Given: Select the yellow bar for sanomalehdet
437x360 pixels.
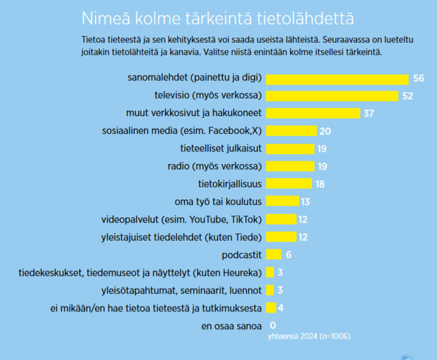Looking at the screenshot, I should [x=337, y=79].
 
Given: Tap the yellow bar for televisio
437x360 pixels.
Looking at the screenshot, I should [x=331, y=96].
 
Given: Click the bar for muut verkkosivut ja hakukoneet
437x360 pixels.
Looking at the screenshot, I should [x=312, y=113].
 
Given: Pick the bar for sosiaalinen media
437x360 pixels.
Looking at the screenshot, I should [x=291, y=130].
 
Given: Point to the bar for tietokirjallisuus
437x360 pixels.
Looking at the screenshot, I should [x=288, y=183].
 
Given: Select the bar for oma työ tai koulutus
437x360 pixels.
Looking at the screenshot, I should [x=282, y=201].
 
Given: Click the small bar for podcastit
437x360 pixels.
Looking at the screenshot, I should [x=273, y=254].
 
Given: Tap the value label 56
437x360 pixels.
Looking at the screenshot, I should [x=419, y=79].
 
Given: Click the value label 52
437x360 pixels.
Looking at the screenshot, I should [x=408, y=96].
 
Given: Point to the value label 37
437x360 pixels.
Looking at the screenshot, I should [x=369, y=113].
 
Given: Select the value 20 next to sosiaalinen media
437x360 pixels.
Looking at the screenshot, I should [x=325, y=130].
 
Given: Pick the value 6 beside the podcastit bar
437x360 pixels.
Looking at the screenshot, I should [x=289, y=254].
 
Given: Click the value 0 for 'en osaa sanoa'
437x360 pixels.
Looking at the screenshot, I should [x=273, y=324].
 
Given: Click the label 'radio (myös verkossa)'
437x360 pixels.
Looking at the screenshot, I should [x=214, y=166].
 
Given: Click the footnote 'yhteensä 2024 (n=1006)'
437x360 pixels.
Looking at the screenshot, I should [x=309, y=335].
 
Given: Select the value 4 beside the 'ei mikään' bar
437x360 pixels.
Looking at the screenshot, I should [x=281, y=307].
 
